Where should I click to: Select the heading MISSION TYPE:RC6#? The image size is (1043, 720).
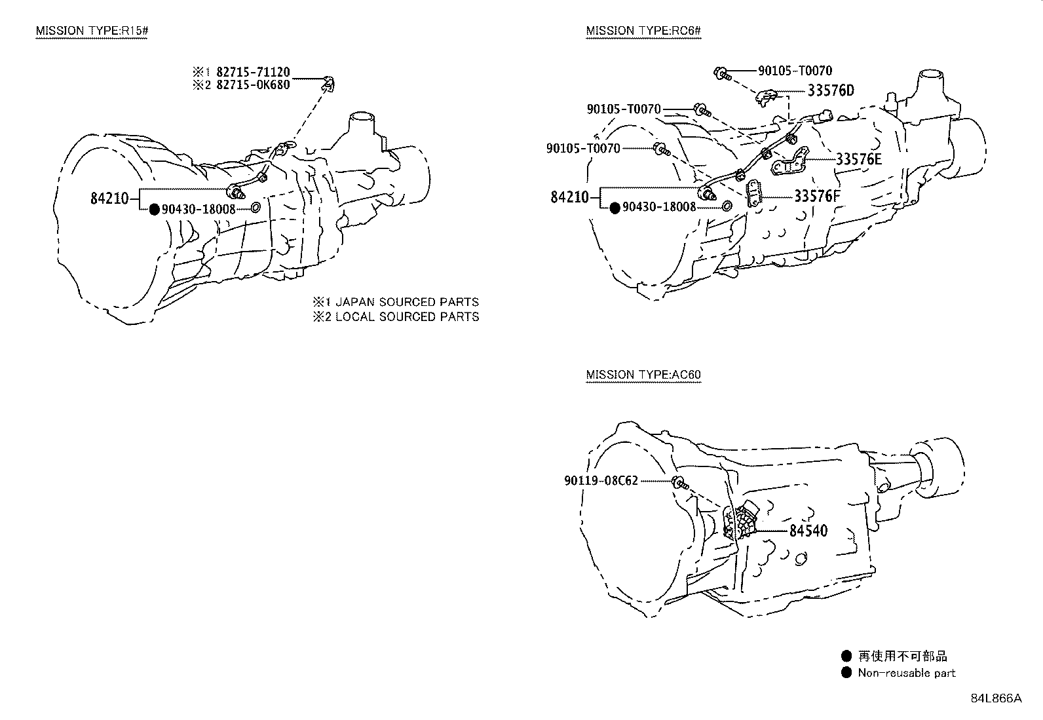[644, 31]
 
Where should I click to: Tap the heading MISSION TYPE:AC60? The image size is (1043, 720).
[643, 375]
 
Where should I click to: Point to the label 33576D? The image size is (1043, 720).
[831, 90]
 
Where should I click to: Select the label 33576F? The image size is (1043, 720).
[817, 196]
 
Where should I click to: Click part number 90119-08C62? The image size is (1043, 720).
[600, 481]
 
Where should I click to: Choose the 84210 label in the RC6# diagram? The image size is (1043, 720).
[570, 196]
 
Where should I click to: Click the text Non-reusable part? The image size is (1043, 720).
[907, 673]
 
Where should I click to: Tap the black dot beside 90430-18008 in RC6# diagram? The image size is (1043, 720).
[615, 208]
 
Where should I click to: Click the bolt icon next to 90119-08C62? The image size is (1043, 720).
[679, 483]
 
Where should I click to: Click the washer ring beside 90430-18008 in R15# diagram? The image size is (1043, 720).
[256, 208]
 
